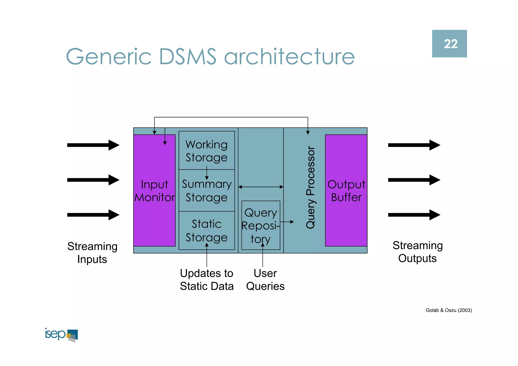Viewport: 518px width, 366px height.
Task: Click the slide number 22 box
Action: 449,44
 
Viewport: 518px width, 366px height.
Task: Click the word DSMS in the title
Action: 188,57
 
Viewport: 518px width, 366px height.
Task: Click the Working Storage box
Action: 207,151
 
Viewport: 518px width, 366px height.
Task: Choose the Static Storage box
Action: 207,230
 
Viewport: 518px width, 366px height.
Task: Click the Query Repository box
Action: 261,225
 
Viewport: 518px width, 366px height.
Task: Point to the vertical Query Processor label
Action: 311,187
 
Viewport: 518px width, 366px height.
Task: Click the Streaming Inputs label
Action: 92,252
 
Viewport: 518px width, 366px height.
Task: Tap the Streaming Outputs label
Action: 417,252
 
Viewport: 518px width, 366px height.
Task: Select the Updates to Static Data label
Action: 207,279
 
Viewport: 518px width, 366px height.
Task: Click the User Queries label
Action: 265,279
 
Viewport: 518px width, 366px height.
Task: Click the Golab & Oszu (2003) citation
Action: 449,310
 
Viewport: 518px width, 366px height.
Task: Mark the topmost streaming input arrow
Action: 93,145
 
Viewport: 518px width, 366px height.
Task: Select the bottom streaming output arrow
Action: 414,215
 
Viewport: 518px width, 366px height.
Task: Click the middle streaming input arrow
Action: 93,180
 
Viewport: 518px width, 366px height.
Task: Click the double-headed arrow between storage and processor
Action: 261,187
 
